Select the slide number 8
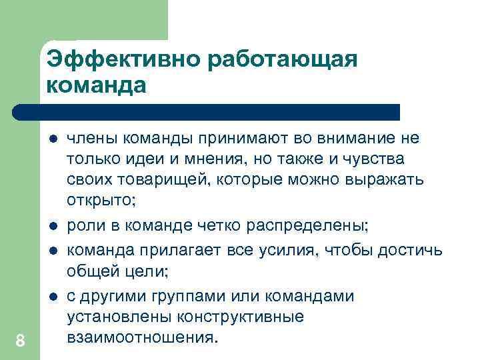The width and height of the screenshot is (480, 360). coord(20,341)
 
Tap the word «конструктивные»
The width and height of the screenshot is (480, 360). coord(242,317)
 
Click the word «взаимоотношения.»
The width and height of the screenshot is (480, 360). coord(143,337)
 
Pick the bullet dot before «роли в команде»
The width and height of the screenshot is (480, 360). coord(53,227)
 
